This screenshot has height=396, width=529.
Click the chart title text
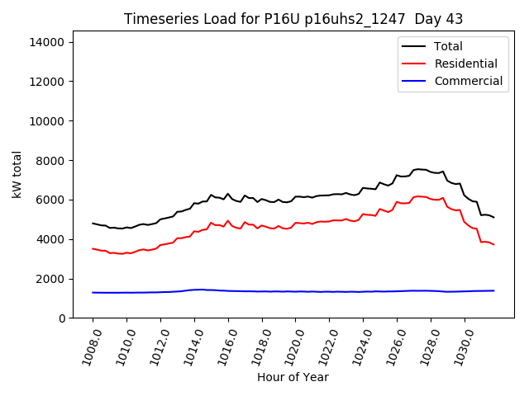pyautogui.click(x=293, y=19)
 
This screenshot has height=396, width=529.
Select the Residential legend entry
pyautogui.click(x=465, y=64)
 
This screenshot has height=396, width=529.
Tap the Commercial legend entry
pyautogui.click(x=468, y=81)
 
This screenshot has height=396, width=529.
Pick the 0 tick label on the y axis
pyautogui.click(x=64, y=318)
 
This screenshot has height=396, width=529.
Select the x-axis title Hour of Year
pyautogui.click(x=293, y=377)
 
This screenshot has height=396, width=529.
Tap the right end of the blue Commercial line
pyautogui.click(x=493, y=290)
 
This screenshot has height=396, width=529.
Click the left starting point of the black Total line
pyautogui.click(x=93, y=223)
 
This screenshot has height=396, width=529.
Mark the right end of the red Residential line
pyautogui.click(x=493, y=244)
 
